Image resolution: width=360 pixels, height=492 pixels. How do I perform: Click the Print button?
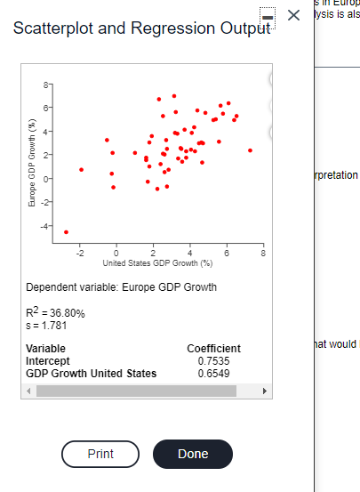point(100,454)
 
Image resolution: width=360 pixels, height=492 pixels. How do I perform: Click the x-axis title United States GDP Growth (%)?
point(157,264)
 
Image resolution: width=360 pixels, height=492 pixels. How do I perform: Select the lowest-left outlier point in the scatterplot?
point(66,231)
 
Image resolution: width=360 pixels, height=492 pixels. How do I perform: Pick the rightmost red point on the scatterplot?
point(251,150)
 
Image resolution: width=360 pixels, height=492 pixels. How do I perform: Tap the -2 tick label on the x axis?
point(79,255)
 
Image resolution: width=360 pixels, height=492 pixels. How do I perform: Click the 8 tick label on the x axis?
point(263,255)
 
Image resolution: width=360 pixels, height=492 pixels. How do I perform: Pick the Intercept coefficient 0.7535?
point(212,360)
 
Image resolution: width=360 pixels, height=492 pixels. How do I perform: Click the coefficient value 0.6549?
point(212,373)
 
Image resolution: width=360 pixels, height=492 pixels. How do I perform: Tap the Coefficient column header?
point(213,348)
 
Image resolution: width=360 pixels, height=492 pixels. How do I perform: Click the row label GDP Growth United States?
point(91,373)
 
